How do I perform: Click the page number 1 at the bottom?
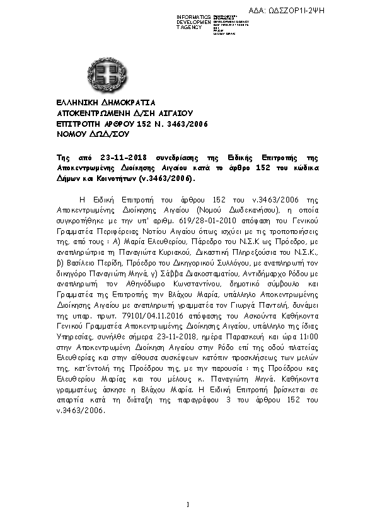pos(188,504)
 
